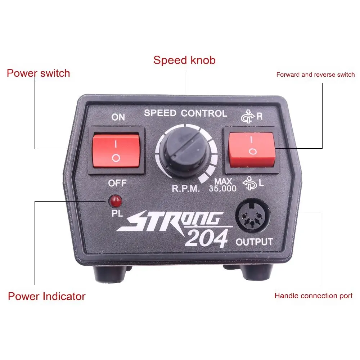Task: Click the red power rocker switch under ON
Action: [x=116, y=151]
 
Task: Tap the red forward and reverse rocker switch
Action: [x=252, y=149]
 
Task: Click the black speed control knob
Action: [x=185, y=152]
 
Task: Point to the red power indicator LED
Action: [x=116, y=201]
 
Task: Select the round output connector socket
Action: [x=253, y=216]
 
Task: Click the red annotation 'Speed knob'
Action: [x=184, y=60]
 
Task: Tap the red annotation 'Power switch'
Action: [x=39, y=73]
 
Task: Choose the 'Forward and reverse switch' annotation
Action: [x=315, y=75]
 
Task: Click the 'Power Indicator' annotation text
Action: [x=46, y=296]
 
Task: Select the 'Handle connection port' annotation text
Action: [x=314, y=296]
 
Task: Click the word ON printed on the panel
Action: [x=118, y=117]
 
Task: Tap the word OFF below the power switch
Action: [x=117, y=183]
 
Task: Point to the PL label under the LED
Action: [x=117, y=213]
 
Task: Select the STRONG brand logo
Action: [x=170, y=221]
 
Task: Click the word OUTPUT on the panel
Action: [x=254, y=242]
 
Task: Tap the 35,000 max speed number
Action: [x=222, y=189]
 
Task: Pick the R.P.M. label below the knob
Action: [x=186, y=189]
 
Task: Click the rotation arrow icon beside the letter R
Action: [x=248, y=116]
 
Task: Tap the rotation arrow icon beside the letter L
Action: [x=249, y=183]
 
